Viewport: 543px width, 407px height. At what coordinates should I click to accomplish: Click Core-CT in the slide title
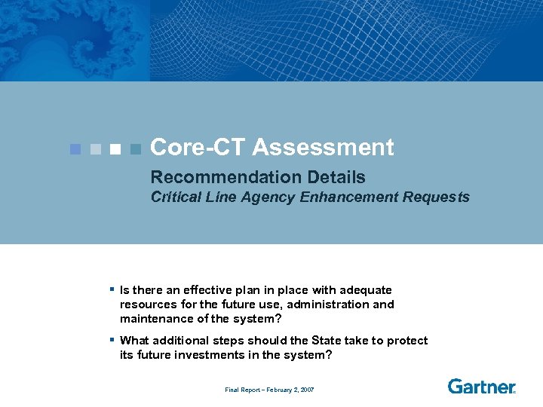tap(198, 148)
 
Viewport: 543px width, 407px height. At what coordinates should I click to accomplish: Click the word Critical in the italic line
tap(175, 197)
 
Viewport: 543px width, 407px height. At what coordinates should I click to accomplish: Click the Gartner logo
tap(481, 387)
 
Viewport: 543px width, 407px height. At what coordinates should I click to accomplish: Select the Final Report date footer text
tap(269, 390)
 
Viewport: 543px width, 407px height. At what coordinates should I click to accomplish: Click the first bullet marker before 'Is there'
tap(111, 289)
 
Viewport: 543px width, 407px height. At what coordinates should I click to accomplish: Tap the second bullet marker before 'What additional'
tap(111, 339)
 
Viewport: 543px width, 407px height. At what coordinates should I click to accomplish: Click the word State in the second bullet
tap(326, 341)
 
